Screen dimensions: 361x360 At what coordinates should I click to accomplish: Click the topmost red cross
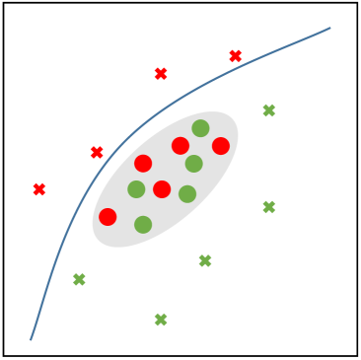[236, 56]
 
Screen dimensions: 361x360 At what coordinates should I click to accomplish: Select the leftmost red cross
[39, 189]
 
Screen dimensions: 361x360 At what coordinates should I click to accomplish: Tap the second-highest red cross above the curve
[161, 74]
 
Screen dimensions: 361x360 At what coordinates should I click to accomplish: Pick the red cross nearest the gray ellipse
[97, 153]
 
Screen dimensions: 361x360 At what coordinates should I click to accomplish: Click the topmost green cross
[269, 110]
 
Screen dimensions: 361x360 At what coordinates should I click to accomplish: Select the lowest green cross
[161, 320]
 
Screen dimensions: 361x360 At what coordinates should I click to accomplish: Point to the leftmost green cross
[79, 280]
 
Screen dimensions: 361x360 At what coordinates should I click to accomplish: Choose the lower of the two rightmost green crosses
[269, 207]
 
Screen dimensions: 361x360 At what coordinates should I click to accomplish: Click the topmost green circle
[200, 128]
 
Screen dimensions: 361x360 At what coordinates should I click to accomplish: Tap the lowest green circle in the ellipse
[143, 225]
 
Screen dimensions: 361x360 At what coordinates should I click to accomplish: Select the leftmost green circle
[136, 189]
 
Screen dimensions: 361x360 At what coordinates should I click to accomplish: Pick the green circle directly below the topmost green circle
[194, 164]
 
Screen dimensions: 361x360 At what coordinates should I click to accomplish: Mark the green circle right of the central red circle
[187, 194]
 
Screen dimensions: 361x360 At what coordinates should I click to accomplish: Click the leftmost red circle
[108, 217]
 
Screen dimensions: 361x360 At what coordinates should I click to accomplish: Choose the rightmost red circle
[221, 146]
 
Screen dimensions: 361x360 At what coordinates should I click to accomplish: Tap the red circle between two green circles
[162, 189]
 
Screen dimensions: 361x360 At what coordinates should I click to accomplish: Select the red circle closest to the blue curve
[143, 164]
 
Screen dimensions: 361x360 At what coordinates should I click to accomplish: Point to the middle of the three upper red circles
[180, 146]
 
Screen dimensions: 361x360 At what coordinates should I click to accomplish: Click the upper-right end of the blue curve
[329, 28]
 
